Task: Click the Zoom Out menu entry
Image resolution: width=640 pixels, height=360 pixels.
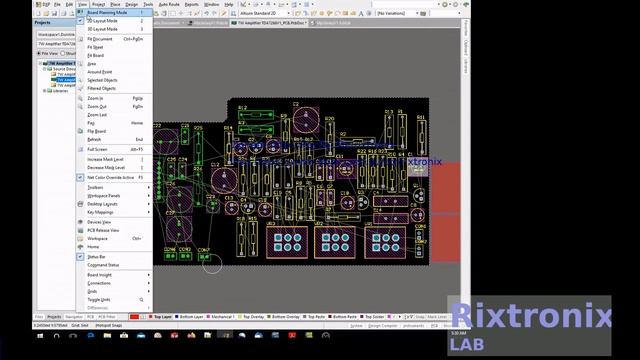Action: click(97, 106)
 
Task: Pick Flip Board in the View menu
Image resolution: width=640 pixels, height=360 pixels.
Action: click(97, 131)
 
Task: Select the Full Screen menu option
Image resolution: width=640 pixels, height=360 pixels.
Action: click(98, 149)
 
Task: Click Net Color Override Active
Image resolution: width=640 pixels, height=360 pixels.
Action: click(110, 177)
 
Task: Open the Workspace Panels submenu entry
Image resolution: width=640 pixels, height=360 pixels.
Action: click(104, 195)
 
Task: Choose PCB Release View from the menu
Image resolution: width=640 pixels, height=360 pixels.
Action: click(103, 230)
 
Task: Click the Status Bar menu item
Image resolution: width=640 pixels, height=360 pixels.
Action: click(97, 257)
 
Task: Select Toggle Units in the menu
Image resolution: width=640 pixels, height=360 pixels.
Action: click(99, 299)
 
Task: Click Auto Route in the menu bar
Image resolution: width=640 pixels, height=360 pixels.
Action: click(167, 4)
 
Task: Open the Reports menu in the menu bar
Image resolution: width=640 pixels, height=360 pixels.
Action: click(191, 4)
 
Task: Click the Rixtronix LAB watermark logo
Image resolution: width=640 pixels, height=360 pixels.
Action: click(529, 326)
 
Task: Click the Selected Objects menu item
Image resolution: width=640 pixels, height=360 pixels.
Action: click(102, 80)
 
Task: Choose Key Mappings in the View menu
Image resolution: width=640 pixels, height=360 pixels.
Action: click(100, 212)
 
